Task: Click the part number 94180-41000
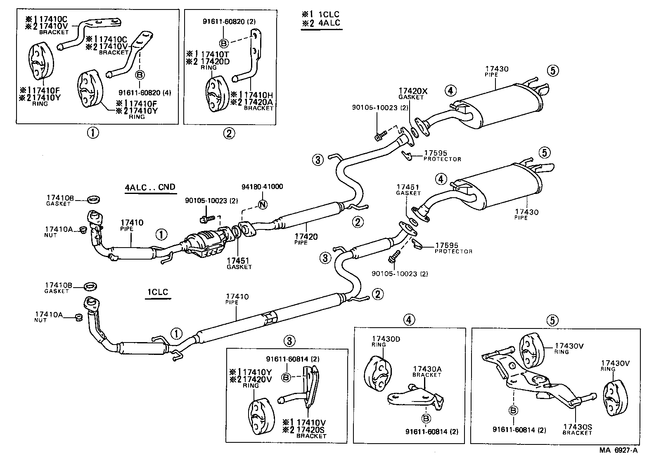tap(263, 187)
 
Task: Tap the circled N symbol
tap(262, 204)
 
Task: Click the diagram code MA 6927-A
tap(618, 450)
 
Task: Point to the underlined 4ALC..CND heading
tap(150, 187)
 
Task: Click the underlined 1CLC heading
tap(158, 292)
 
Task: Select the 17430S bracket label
tap(578, 428)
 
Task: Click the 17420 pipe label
tap(306, 236)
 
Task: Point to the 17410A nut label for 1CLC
tap(49, 315)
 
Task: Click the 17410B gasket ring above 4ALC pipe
tap(94, 200)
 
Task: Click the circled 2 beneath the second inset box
tap(229, 133)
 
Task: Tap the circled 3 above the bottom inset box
tap(289, 340)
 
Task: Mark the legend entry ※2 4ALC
tap(321, 23)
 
